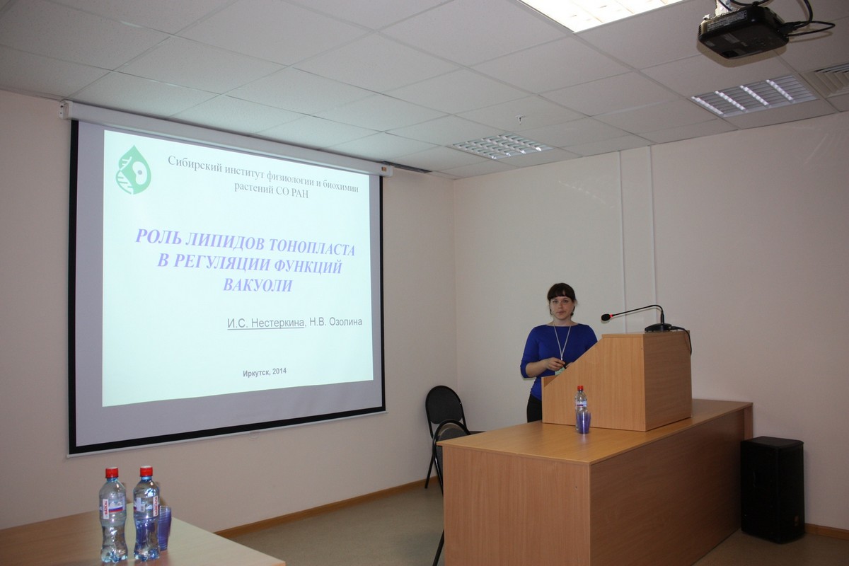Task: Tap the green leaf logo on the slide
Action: (x=134, y=170)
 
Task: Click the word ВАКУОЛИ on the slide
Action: (x=258, y=284)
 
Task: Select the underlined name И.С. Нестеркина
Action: (x=266, y=323)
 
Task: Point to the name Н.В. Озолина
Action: (x=336, y=322)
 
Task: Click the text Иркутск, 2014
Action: (x=265, y=372)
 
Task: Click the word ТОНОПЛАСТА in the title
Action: (x=311, y=248)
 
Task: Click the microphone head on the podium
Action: (x=606, y=317)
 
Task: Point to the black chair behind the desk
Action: (x=444, y=428)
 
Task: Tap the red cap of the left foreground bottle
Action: (x=112, y=473)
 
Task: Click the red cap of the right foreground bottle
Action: (x=146, y=472)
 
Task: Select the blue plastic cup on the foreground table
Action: (x=164, y=528)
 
